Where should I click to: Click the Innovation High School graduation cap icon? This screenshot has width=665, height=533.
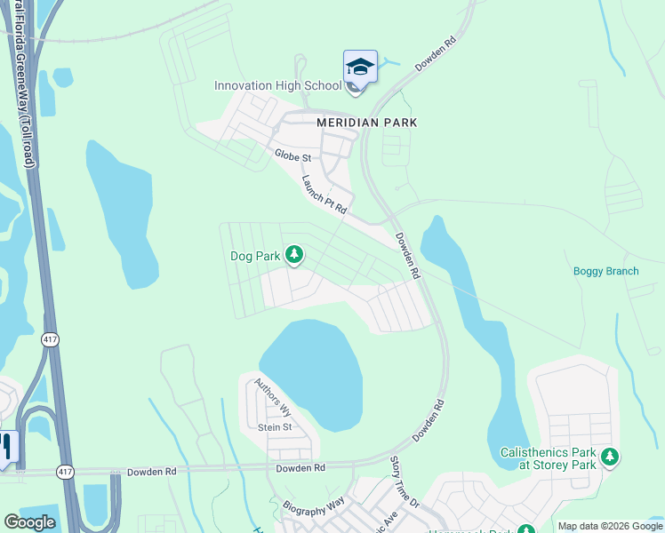coord(360,68)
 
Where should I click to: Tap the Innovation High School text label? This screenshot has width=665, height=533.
coord(277,86)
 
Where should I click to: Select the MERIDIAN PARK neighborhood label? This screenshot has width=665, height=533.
coord(367,122)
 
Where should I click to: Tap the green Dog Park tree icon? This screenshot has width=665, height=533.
coord(293,257)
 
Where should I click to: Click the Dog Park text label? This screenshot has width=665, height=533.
coord(255,256)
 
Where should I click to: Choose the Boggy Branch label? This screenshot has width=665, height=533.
coord(605,271)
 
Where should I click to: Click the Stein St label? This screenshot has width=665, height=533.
coord(275,427)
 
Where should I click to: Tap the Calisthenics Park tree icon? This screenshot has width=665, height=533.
coord(609,458)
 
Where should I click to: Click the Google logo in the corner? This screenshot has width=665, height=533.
coord(29,522)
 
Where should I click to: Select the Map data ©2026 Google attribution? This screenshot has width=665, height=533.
coord(610,526)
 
